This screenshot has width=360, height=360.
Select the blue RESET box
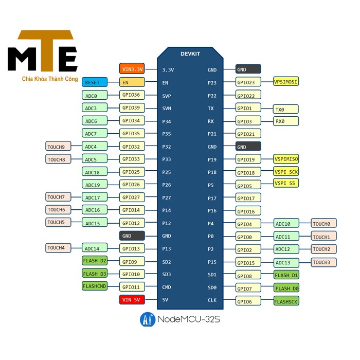pos(95,82)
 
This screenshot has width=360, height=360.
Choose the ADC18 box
pos(95,171)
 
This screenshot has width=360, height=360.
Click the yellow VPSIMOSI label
pos(286,81)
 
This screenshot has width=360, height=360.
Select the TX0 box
pos(286,109)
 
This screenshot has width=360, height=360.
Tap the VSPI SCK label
pos(286,171)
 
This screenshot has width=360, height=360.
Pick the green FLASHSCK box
pos(286,301)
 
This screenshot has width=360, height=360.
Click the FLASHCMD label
pos(95,286)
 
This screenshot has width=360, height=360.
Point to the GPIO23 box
pos(248,82)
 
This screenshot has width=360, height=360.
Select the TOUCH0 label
pos(323,223)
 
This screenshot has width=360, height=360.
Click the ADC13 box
pos(286,262)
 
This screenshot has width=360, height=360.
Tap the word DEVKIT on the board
pos(190,54)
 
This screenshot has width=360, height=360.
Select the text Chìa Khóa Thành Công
pos(50,79)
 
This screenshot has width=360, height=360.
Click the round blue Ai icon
pos(148,319)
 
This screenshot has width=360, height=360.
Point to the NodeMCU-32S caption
pos(189,319)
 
